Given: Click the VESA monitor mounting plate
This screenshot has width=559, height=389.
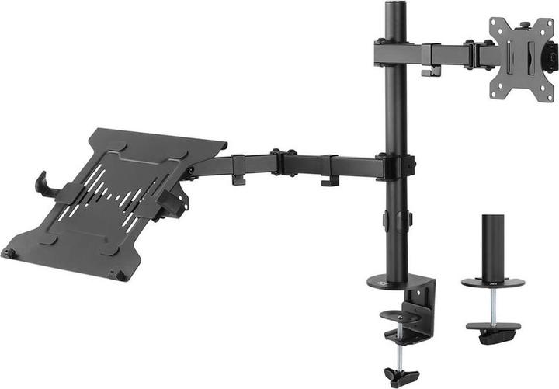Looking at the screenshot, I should click(x=523, y=59).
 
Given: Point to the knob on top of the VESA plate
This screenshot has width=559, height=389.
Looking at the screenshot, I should click(x=524, y=25).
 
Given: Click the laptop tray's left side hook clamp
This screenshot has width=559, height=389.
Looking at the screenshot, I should click(x=44, y=185).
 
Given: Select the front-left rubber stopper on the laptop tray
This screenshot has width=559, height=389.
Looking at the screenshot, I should click(x=9, y=253).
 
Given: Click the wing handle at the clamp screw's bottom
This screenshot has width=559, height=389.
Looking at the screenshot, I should click(x=400, y=377).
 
